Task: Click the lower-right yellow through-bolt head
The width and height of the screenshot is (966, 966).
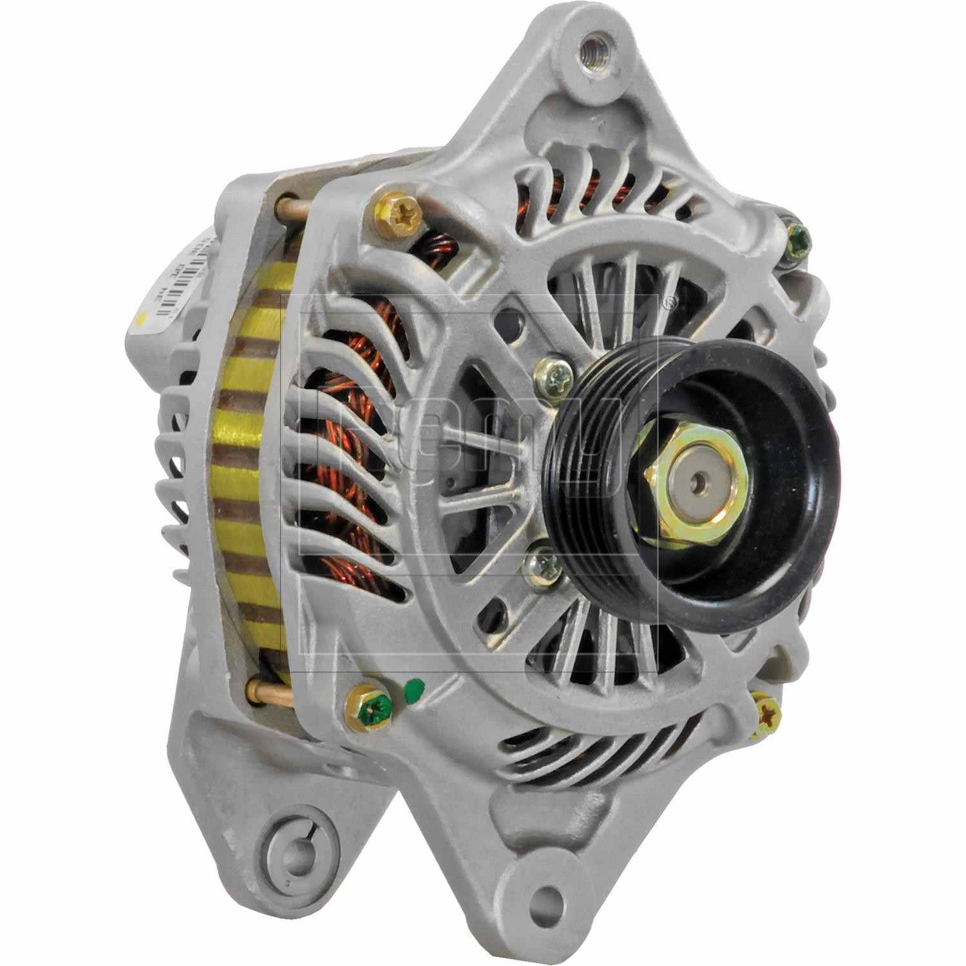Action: pyautogui.click(x=766, y=712)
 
